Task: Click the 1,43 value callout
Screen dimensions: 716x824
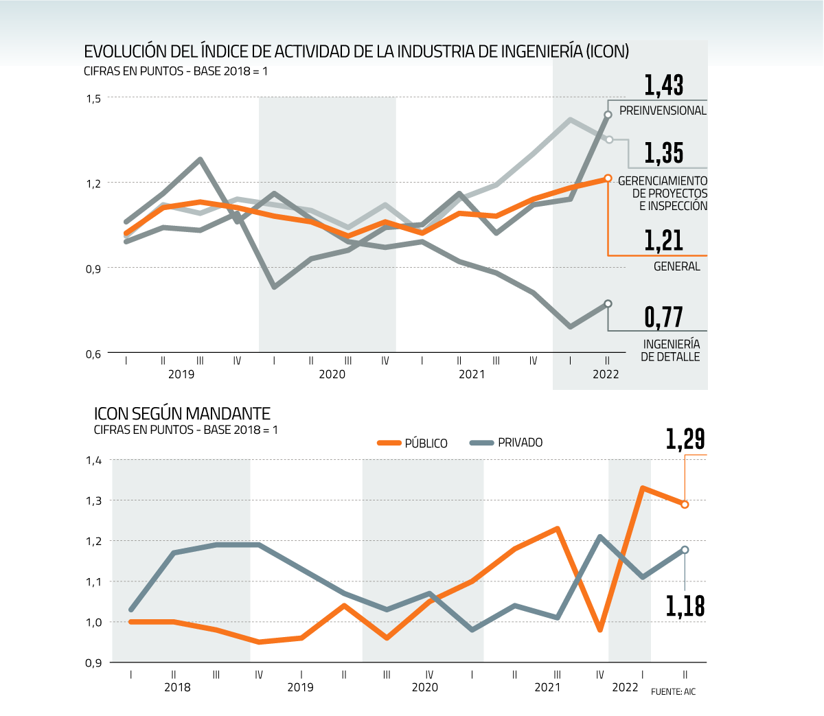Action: [x=663, y=85]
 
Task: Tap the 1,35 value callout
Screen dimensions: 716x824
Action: [x=663, y=153]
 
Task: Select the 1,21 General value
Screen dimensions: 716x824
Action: [x=663, y=240]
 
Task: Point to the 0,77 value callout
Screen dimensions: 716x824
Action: [x=663, y=317]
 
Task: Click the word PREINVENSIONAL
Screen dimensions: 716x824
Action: [x=663, y=111]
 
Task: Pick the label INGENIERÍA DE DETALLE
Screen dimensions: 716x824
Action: [x=671, y=350]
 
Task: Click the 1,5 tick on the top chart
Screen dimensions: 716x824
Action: [x=93, y=98]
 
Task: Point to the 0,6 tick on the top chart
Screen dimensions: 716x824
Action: [x=93, y=354]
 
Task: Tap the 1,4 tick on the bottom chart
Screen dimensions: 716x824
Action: [x=93, y=460]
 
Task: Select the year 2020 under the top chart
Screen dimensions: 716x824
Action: [x=332, y=374]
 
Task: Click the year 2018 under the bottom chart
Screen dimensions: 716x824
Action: [x=177, y=687]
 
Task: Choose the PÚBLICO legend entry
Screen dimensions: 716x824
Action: [x=413, y=443]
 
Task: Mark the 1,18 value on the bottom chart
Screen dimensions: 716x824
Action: [x=685, y=606]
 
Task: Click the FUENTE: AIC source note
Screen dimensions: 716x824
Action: [x=673, y=691]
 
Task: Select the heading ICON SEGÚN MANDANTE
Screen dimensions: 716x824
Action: [x=182, y=413]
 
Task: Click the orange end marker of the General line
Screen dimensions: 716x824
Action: [x=608, y=178]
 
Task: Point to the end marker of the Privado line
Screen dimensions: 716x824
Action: [x=685, y=550]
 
